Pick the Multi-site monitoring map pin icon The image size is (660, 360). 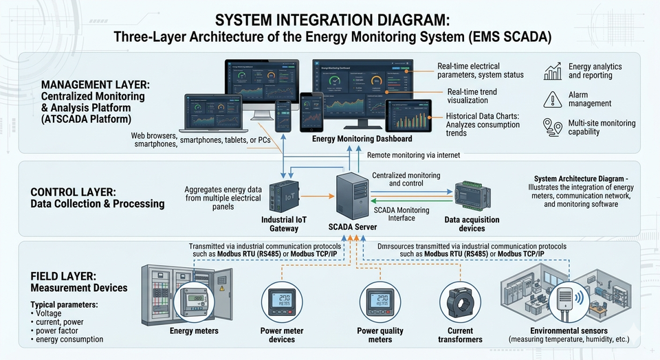pyautogui.click(x=552, y=128)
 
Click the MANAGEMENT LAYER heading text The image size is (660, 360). pyautogui.click(x=96, y=84)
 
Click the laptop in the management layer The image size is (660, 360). pyautogui.click(x=208, y=114)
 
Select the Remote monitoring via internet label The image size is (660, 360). pyautogui.click(x=414, y=155)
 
